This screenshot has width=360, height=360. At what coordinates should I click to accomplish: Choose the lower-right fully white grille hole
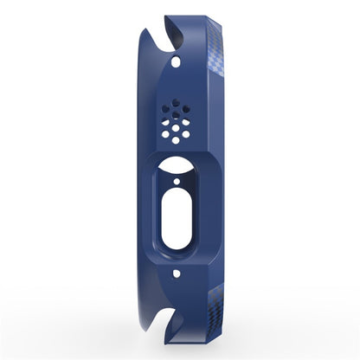188,134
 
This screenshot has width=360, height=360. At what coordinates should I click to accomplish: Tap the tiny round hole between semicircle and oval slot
178,183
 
